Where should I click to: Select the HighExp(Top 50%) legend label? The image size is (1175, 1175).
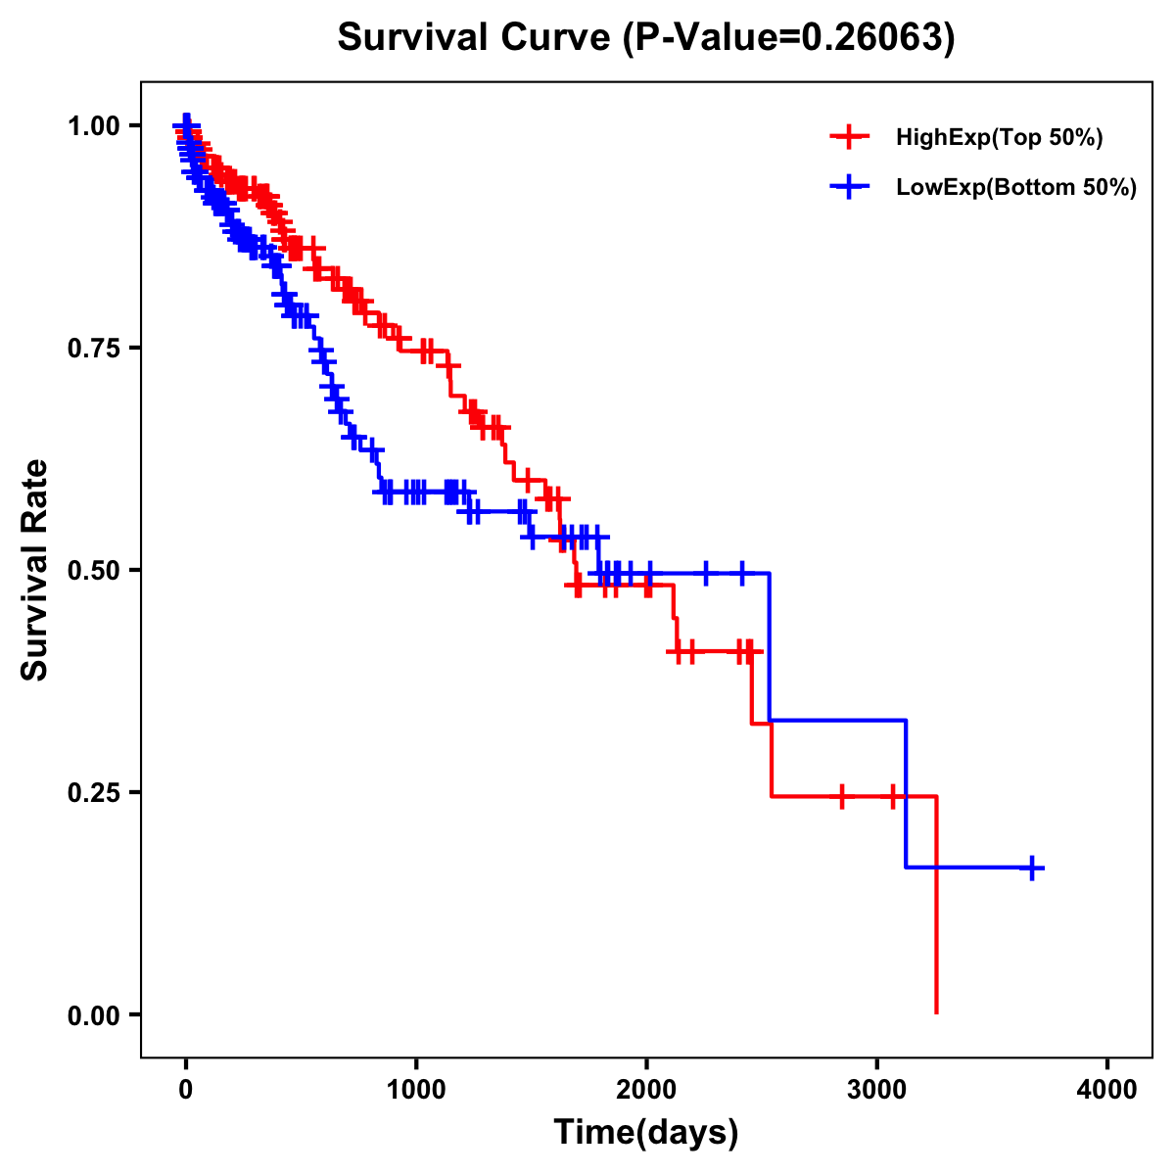[x=999, y=138]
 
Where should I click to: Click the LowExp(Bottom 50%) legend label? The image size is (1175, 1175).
[x=1015, y=187]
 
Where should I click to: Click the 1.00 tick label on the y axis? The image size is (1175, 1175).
[x=94, y=125]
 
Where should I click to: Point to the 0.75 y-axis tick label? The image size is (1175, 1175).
[x=94, y=348]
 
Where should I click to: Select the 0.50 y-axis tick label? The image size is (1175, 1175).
[x=94, y=570]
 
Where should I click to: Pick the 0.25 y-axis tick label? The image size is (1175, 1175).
[x=94, y=792]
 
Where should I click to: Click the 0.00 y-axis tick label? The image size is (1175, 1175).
[x=94, y=1014]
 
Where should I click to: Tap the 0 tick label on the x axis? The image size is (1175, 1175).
[x=186, y=1090]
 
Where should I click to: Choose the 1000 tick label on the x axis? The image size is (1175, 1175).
[x=416, y=1090]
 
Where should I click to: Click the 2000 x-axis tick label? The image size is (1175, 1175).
[x=646, y=1090]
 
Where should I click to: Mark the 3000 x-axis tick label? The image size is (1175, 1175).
[x=877, y=1090]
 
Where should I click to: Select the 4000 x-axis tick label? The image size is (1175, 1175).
[x=1107, y=1090]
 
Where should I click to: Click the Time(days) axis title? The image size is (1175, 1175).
[x=646, y=1133]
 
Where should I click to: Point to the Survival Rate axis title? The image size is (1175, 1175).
[x=35, y=570]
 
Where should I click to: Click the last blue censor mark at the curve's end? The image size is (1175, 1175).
[x=1032, y=868]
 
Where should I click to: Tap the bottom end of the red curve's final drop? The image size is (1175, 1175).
[x=937, y=1011]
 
